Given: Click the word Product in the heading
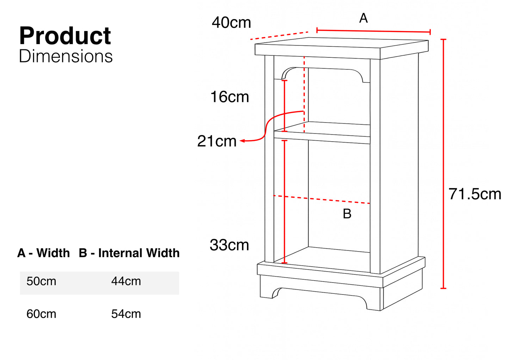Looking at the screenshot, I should point(65,36).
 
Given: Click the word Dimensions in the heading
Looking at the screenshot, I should point(66,56).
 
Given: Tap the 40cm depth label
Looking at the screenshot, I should point(231,23).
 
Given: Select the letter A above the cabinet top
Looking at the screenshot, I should point(363,18).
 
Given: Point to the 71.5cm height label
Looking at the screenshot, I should point(474,194).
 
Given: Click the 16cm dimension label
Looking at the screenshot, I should point(229,97).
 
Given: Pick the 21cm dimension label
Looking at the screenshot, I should point(217,141).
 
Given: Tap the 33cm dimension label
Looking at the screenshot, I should point(229,245).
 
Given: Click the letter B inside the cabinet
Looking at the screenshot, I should point(347,214).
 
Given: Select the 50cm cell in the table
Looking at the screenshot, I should point(41,281).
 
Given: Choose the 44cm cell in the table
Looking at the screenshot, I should point(126,281).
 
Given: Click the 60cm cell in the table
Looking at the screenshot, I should point(41,314).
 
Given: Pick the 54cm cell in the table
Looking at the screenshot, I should point(126,314).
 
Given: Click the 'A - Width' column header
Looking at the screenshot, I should point(43,253).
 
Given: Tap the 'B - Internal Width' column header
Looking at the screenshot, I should point(129,253).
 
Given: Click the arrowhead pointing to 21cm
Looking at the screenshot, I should point(242,141).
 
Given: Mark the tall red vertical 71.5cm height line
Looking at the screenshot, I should point(443,164).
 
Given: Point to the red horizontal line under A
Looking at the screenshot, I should point(373,31).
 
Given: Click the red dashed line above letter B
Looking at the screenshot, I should point(321,199).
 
